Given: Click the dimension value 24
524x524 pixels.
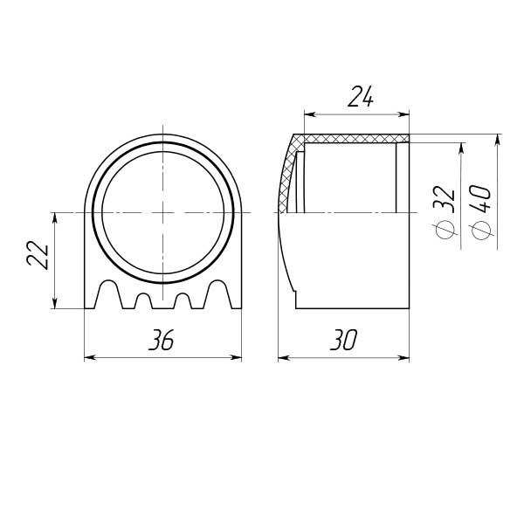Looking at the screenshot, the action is pyautogui.click(x=360, y=97).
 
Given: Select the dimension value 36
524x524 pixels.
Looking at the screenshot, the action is pyautogui.click(x=162, y=340).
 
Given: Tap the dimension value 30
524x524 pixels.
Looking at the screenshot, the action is pyautogui.click(x=343, y=340).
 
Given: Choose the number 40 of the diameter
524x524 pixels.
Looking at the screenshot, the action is pyautogui.click(x=480, y=199).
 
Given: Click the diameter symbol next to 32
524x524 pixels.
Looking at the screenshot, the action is pyautogui.click(x=446, y=230).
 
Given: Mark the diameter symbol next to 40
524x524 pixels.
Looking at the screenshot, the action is pyautogui.click(x=480, y=231).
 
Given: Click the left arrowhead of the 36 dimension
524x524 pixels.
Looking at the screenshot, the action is pyautogui.click(x=89, y=357).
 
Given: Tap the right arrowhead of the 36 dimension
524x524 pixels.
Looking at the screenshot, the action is pyautogui.click(x=237, y=357).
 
